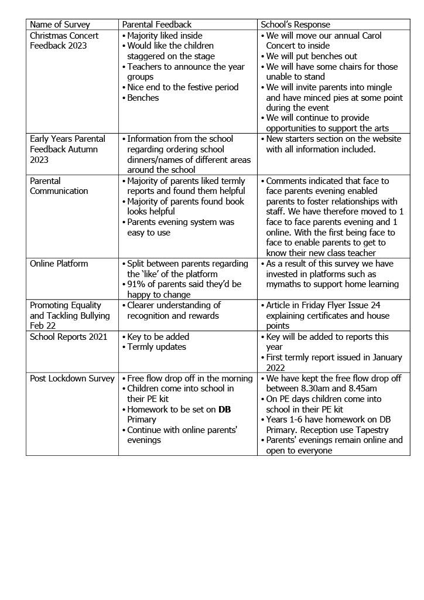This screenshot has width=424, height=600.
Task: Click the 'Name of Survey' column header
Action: (x=60, y=25)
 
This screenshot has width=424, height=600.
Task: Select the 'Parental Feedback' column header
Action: (x=156, y=25)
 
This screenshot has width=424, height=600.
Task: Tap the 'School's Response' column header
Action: (x=295, y=25)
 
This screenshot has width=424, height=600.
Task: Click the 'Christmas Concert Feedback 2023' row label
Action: (x=64, y=40)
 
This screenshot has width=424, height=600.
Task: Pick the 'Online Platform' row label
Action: (x=59, y=264)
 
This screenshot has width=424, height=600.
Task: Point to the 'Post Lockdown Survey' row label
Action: (x=72, y=379)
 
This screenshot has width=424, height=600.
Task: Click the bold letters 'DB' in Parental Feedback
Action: (x=224, y=410)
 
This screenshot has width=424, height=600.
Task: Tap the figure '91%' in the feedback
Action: (x=136, y=284)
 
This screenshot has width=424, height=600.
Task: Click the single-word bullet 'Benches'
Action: (x=143, y=98)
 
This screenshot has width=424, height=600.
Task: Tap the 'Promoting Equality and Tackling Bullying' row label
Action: (x=70, y=315)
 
